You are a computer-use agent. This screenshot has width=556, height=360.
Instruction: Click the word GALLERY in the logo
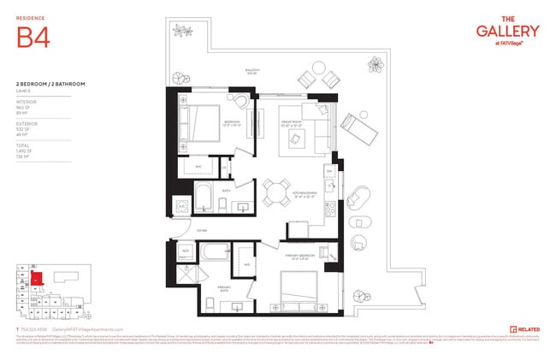click(507, 31)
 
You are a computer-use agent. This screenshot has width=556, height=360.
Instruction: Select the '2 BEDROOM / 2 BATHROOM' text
click(49, 83)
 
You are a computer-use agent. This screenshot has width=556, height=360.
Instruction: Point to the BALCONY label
click(252, 70)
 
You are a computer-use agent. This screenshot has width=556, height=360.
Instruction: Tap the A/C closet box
click(181, 206)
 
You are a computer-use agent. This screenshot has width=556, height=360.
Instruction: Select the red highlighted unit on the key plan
click(37, 278)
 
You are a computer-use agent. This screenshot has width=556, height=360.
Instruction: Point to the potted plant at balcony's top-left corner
click(182, 32)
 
